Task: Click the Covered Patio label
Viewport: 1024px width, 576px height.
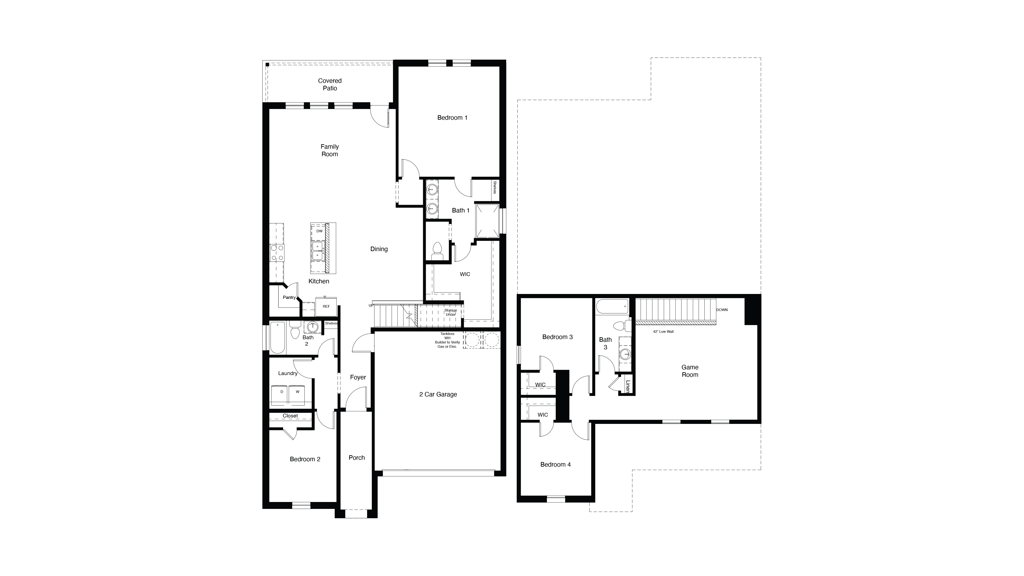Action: (x=330, y=84)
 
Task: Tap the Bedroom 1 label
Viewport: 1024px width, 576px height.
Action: (x=452, y=118)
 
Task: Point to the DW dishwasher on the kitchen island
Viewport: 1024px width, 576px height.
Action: (x=319, y=231)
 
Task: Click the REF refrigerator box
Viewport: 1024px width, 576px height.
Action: (x=326, y=307)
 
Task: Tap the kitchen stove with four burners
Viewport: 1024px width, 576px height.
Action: (x=277, y=253)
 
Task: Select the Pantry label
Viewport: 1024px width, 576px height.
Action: (x=289, y=297)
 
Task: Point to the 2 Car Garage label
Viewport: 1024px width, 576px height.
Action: (x=438, y=394)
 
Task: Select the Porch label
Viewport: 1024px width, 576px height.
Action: (x=356, y=458)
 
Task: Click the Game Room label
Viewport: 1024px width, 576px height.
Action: (x=690, y=371)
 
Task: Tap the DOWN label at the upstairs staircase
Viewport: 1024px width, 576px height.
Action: (x=722, y=310)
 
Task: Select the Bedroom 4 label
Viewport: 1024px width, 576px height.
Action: (x=555, y=464)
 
